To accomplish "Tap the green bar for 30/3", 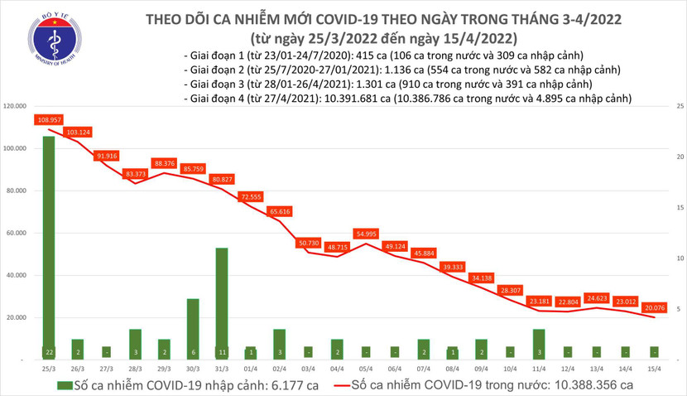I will [x=193, y=326].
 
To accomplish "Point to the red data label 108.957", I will [x=49, y=120].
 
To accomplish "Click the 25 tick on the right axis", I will [x=678, y=107].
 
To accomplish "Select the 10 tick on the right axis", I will [x=678, y=258].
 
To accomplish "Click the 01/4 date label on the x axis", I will [x=251, y=366].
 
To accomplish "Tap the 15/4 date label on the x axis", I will [x=655, y=366].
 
